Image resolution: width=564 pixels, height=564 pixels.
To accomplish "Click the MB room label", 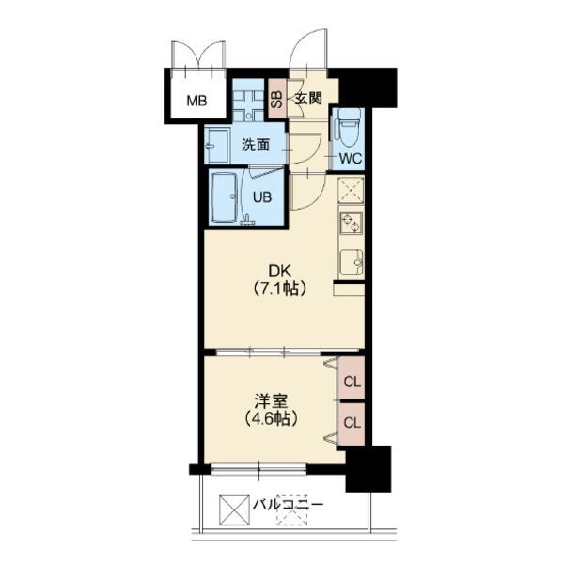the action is tap(196, 101).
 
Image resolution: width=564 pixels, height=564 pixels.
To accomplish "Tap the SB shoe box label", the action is tap(276, 99).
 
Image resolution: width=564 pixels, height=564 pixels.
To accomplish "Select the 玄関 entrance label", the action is tap(308, 98).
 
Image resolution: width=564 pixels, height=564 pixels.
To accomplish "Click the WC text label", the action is tap(351, 158).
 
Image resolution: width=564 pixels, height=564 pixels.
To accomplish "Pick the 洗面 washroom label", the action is tap(256, 145).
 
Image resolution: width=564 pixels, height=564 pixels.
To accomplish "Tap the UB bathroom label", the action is tap(262, 197).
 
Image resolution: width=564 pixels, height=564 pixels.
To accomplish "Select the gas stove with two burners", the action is tap(351, 223).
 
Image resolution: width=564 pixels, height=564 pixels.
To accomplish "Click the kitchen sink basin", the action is tap(352, 262).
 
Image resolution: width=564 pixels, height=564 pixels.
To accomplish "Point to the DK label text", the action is tap(279, 272).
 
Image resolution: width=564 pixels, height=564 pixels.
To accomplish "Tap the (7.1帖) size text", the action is tap(280, 289).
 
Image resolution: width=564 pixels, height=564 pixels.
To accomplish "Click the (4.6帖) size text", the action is tap(272, 418).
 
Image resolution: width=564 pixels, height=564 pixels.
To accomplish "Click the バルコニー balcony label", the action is tap(288, 504).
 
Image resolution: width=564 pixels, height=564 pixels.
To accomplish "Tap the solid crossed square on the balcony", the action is tap(234, 510).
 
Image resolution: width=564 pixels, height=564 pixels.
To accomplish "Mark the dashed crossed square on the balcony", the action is tap(292, 510).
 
